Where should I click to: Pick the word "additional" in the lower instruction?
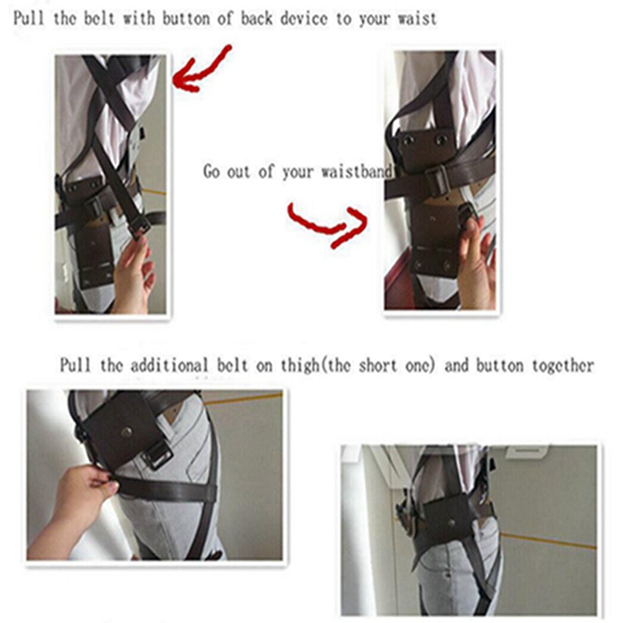tap(169, 366)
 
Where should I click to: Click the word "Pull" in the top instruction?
tap(28, 19)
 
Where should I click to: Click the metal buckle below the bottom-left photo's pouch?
tap(160, 457)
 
